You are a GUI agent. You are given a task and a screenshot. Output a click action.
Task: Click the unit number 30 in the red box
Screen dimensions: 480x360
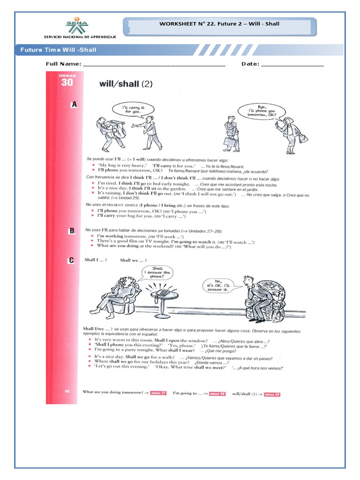tap(67, 82)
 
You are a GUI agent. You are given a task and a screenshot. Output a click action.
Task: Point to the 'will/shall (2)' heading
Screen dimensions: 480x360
tap(126, 84)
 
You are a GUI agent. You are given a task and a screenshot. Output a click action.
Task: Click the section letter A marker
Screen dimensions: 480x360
tap(74, 105)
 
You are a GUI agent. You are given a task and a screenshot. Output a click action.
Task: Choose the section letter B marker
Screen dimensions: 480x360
tap(72, 231)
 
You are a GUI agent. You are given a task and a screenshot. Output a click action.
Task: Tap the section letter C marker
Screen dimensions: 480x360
tap(72, 260)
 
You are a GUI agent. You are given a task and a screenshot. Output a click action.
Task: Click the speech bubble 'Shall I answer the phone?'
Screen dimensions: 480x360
tap(157, 273)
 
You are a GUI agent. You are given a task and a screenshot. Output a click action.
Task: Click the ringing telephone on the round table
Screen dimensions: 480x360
tap(163, 292)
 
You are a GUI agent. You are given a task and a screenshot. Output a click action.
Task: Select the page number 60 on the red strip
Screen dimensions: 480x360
tap(67, 390)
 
